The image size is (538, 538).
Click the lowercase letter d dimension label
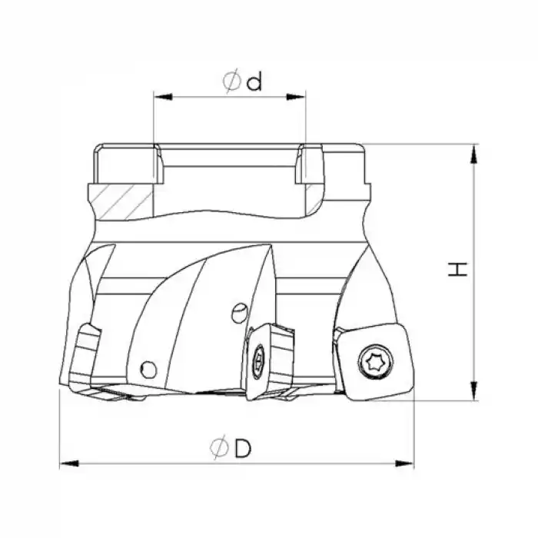(254, 81)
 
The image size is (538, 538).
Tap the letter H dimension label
(458, 269)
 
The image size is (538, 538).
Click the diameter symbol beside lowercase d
(232, 81)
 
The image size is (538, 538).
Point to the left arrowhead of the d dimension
(163, 97)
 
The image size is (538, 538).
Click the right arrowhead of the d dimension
(296, 97)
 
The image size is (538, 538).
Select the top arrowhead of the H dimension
(474, 154)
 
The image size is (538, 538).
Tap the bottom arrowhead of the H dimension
(474, 390)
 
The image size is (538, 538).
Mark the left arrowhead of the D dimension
(69, 464)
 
